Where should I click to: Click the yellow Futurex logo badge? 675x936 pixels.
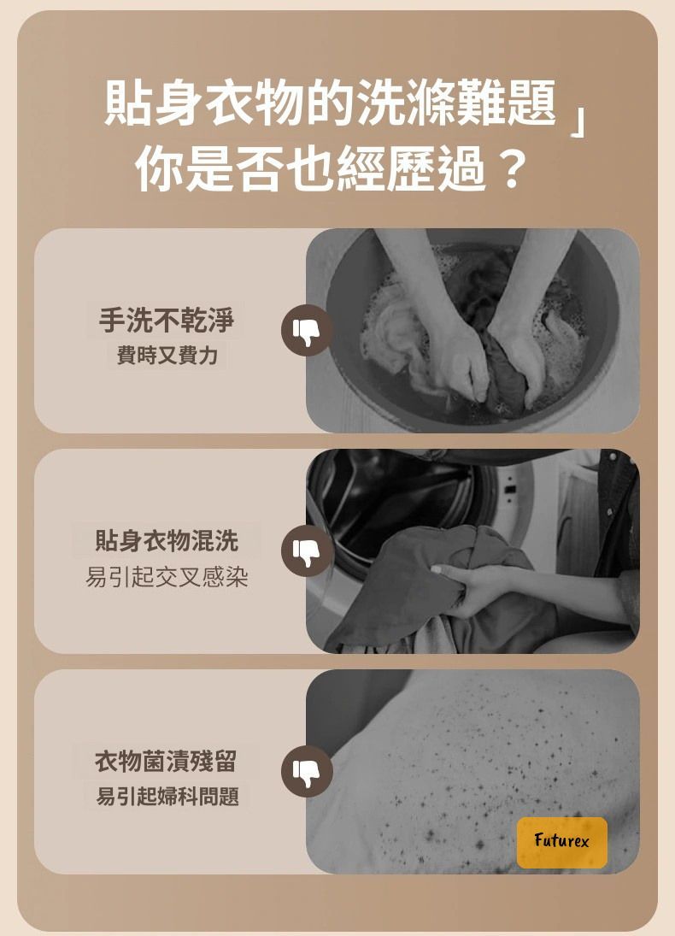[561, 842]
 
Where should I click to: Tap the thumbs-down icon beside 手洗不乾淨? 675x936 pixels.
[307, 330]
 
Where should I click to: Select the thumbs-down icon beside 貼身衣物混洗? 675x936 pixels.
[307, 550]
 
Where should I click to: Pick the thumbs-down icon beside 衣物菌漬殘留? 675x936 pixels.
[307, 771]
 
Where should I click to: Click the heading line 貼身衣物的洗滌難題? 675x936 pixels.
[330, 103]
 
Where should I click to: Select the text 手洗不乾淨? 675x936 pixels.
[167, 320]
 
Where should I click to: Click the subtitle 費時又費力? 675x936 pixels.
[167, 356]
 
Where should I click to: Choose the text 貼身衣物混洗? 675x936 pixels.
[167, 540]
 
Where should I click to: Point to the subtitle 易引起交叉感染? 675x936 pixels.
[167, 577]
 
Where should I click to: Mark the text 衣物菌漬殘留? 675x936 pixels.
[167, 761]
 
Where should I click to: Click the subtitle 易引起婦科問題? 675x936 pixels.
[167, 797]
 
